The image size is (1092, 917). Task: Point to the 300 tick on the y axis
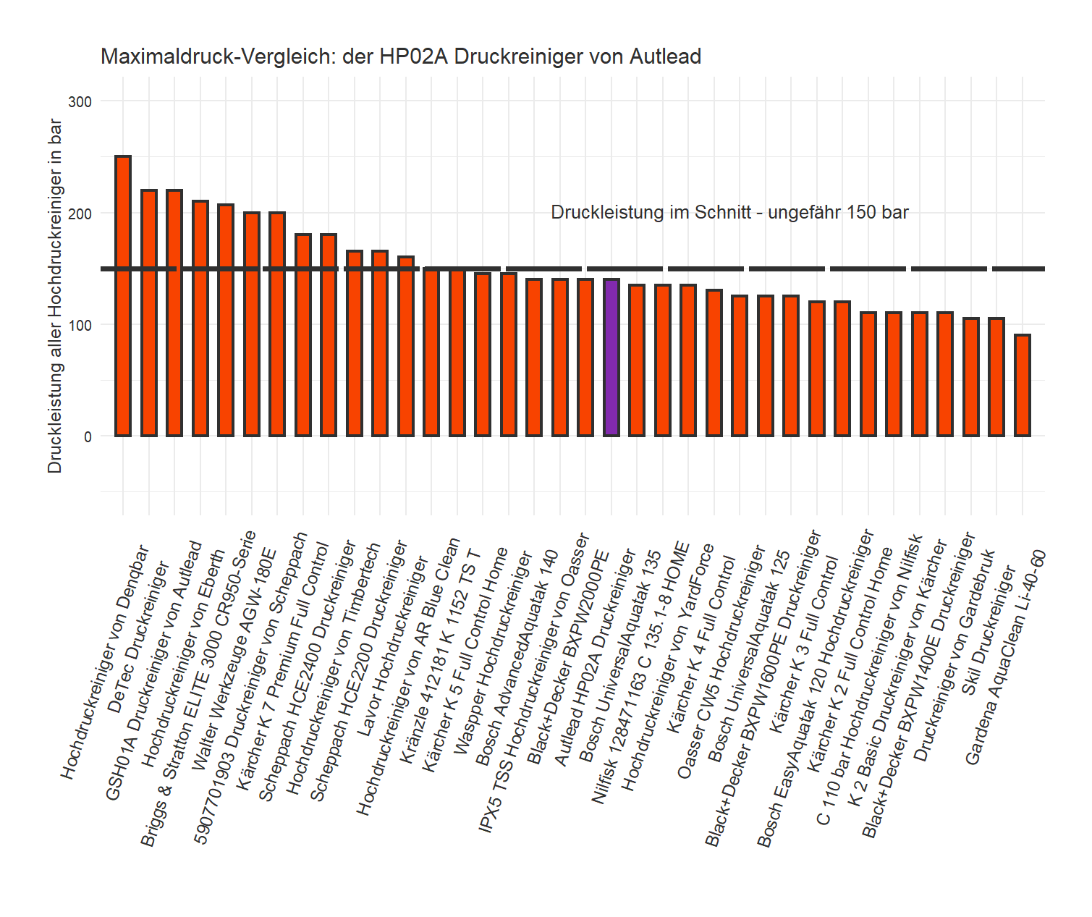(x=80, y=102)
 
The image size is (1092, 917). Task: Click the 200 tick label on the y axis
(x=80, y=214)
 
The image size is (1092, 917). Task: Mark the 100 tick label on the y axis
(x=80, y=325)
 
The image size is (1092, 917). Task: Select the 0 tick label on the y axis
(x=88, y=436)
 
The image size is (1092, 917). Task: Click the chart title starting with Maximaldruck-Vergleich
(x=400, y=56)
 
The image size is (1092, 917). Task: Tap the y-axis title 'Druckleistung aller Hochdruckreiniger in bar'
(x=55, y=297)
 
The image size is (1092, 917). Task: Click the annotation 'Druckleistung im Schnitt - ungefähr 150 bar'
(x=729, y=212)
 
